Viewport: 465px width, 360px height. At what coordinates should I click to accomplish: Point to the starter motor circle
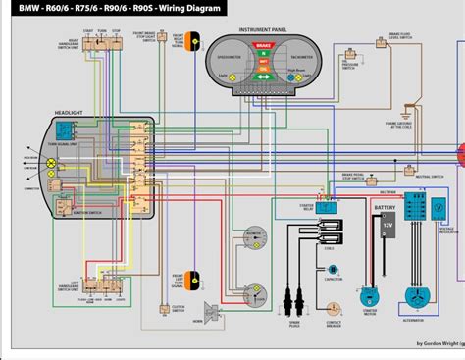coord(369,294)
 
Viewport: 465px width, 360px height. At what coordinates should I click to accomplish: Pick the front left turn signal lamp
coord(196,279)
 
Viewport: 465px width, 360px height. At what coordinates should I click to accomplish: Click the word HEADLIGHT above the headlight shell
coord(72,112)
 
